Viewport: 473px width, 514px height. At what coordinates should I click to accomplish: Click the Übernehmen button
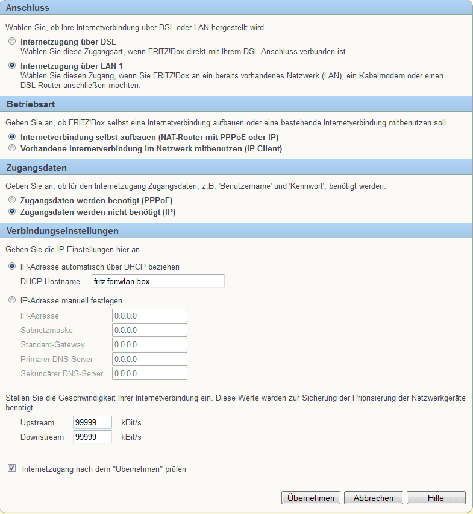click(x=311, y=498)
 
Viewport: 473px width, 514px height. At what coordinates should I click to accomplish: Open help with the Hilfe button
click(x=436, y=498)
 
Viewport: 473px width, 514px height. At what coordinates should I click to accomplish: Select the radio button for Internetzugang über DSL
click(x=12, y=42)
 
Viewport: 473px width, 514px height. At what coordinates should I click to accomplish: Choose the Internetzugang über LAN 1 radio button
click(x=12, y=65)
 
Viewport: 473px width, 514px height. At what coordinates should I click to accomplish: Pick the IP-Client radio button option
click(x=12, y=148)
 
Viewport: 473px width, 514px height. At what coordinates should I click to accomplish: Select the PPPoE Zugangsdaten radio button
click(x=12, y=200)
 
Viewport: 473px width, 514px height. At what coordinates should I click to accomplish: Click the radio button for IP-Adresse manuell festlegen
click(x=12, y=300)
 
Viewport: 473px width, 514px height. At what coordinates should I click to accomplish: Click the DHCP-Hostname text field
click(x=158, y=281)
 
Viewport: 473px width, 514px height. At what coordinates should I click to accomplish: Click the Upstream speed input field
click(x=92, y=422)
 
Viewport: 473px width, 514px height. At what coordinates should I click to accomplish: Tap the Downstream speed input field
click(x=92, y=437)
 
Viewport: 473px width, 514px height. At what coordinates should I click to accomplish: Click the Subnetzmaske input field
click(x=149, y=330)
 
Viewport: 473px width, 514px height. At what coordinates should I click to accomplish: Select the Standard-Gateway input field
click(x=149, y=344)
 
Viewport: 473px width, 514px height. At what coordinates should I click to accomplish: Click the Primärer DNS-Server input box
click(x=149, y=359)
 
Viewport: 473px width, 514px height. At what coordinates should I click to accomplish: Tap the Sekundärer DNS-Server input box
click(x=149, y=373)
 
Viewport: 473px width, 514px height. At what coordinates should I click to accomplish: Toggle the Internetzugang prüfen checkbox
click(x=12, y=468)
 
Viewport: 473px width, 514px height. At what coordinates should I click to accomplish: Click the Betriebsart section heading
click(x=31, y=104)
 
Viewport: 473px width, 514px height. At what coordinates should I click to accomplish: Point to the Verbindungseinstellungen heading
click(x=62, y=231)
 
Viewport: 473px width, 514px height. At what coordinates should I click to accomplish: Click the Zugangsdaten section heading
click(x=36, y=168)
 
